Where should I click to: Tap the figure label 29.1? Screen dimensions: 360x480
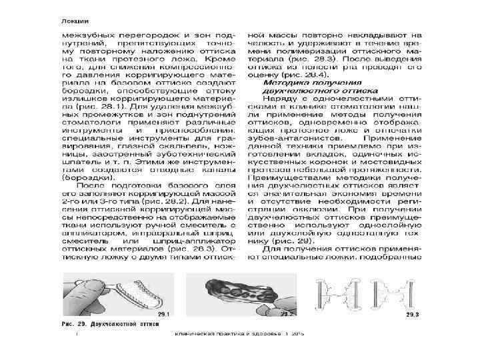tap(163, 313)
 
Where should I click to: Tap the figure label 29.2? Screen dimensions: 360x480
tap(287, 313)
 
